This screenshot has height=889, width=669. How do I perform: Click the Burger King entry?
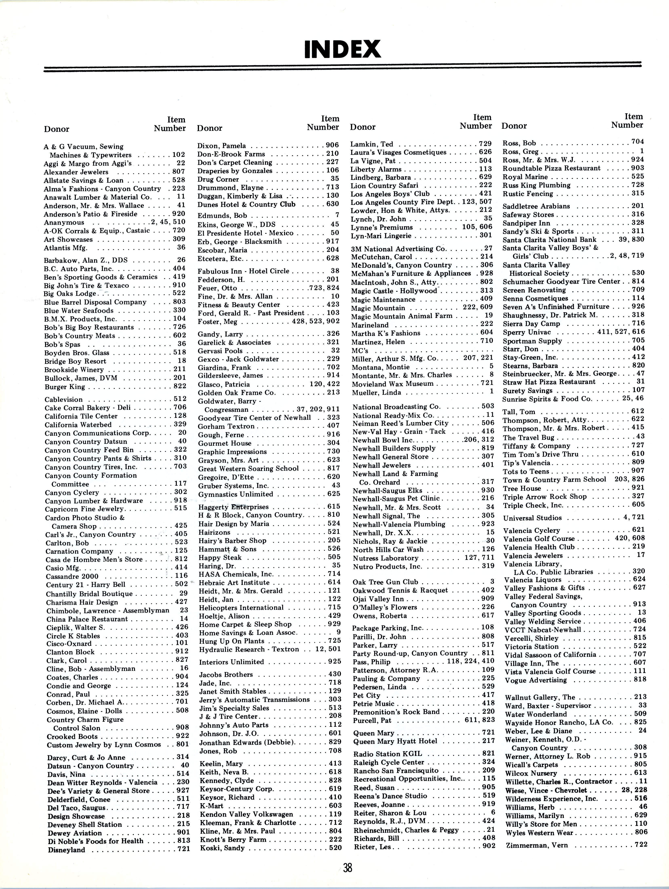click(65, 387)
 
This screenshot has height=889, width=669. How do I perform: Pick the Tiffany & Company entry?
click(537, 446)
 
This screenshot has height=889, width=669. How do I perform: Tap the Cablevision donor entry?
click(64, 400)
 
